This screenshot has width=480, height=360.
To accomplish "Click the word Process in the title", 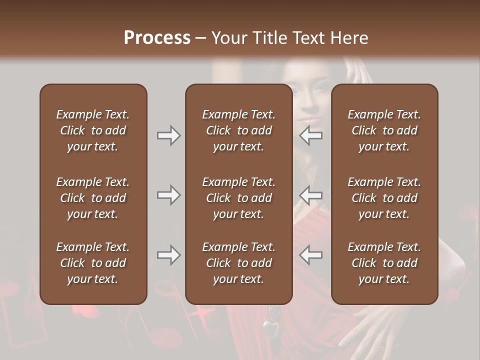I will click(x=157, y=37).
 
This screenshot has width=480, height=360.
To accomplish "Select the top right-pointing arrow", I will click(x=168, y=135).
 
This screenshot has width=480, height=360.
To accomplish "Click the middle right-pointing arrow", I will click(x=168, y=195).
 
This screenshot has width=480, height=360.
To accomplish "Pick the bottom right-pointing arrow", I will click(x=168, y=255).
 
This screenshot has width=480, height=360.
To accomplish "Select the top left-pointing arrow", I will click(x=311, y=135).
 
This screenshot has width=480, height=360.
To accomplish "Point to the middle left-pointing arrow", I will click(x=311, y=195).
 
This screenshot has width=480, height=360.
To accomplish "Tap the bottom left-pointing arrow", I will click(x=311, y=255).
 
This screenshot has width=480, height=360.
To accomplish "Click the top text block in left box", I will click(x=93, y=130).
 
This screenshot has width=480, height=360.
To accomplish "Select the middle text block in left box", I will click(x=93, y=198).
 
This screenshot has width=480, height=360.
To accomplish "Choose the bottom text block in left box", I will click(x=93, y=263).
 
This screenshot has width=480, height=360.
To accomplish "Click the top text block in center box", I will click(x=238, y=130).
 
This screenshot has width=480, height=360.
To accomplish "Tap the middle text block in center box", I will click(x=238, y=198).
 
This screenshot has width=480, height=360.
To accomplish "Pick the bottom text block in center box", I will click(x=238, y=263).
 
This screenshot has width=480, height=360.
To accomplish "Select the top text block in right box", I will click(x=384, y=130).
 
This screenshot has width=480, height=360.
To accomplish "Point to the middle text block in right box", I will click(x=384, y=198).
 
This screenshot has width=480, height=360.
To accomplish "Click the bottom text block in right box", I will click(x=384, y=263).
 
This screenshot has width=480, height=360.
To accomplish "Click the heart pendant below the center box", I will click(x=270, y=328).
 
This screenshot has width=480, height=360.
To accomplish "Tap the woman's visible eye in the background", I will click(x=318, y=90).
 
